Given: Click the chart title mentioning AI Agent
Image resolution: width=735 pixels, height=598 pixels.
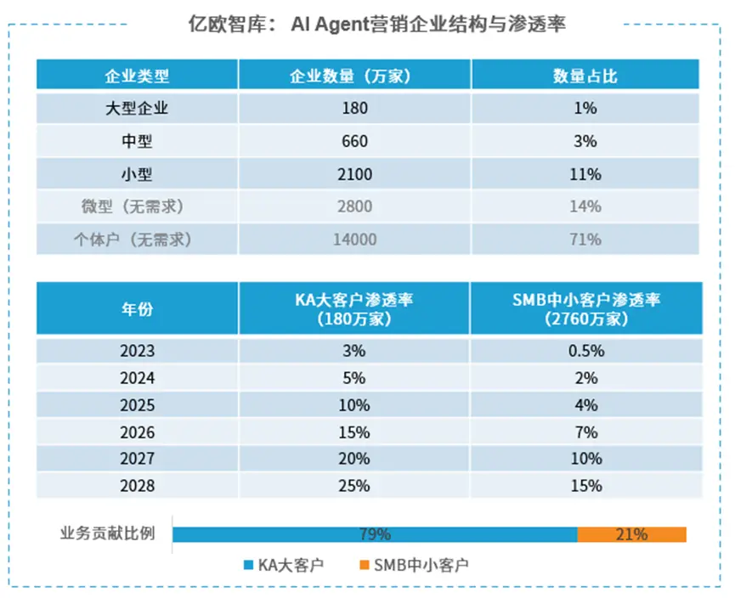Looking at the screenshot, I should tap(376, 24).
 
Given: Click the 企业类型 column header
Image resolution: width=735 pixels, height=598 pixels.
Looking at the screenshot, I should tap(136, 76).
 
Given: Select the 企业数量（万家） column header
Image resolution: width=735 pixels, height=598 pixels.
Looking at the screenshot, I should tap(354, 76).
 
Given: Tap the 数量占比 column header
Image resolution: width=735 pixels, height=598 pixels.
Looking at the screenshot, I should tap(585, 76).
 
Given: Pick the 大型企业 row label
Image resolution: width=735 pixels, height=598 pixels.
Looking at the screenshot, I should tap(136, 108).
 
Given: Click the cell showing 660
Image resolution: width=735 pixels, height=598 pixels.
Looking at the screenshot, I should tap(354, 141).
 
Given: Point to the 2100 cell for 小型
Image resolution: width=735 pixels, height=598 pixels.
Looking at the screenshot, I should tap(354, 174).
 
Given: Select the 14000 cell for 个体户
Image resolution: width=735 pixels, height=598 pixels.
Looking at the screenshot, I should tap(354, 240).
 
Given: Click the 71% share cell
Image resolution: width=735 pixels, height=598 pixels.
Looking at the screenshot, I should tap(585, 240).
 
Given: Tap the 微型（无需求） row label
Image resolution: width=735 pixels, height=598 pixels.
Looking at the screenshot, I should tap(136, 206).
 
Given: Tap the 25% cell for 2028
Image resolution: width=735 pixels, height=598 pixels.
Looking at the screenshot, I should tap(354, 486).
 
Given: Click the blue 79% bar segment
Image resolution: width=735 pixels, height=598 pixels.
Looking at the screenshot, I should tap(374, 534).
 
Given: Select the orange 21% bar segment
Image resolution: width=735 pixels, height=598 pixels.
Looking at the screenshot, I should tap(631, 534).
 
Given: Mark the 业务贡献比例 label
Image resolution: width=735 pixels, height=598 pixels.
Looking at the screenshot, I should tap(107, 534).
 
